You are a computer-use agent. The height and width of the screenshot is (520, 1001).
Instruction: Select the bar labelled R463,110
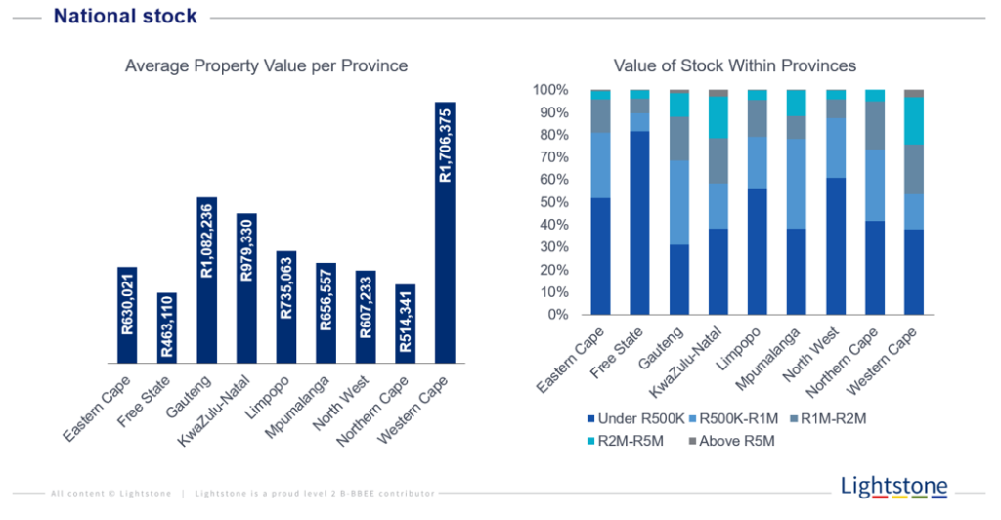click(167, 327)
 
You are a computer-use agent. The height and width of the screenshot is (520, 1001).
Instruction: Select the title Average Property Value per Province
click(266, 65)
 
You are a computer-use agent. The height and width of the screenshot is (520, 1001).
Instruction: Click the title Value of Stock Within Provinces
click(734, 65)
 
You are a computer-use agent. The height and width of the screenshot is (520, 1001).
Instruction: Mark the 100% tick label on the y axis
click(549, 90)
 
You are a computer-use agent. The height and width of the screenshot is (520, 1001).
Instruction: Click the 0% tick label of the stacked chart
click(556, 315)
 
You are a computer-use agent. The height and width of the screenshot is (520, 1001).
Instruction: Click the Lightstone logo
click(893, 486)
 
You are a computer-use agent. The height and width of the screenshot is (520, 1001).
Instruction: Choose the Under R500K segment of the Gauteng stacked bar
click(679, 280)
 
